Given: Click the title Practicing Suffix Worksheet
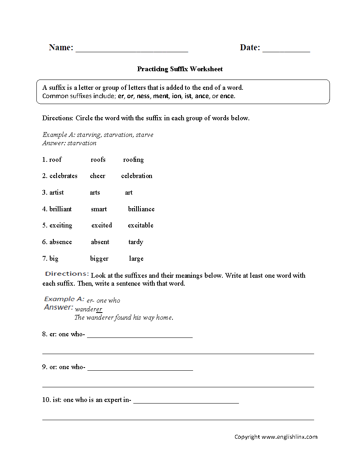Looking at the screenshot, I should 180,69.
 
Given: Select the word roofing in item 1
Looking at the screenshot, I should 133,160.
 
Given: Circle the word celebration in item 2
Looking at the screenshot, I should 136,176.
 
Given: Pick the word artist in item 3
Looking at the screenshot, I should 57,193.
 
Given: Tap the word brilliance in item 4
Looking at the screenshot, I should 141,209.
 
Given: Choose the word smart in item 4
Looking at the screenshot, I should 99,209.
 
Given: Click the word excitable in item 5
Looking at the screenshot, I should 140,226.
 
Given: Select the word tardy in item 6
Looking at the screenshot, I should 136,242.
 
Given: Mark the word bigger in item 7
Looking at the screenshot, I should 99,259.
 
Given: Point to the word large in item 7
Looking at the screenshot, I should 136,259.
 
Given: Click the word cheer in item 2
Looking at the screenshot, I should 97,176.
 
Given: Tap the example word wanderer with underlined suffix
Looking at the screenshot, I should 89,309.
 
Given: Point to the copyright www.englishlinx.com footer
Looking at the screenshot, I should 276,437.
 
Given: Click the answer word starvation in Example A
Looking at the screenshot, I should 82,143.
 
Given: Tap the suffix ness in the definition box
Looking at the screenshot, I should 143,96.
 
